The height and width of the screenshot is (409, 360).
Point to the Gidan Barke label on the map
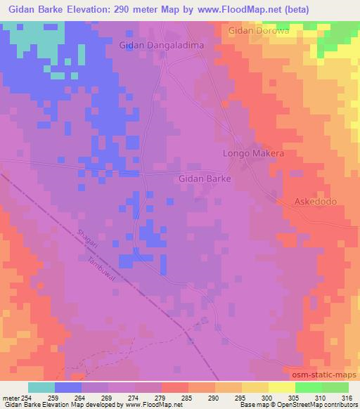click(x=205, y=178)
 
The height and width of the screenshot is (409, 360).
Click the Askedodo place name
click(x=316, y=202)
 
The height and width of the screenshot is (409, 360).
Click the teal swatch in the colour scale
click(x=41, y=387)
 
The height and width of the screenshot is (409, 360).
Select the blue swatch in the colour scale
click(x=68, y=387)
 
